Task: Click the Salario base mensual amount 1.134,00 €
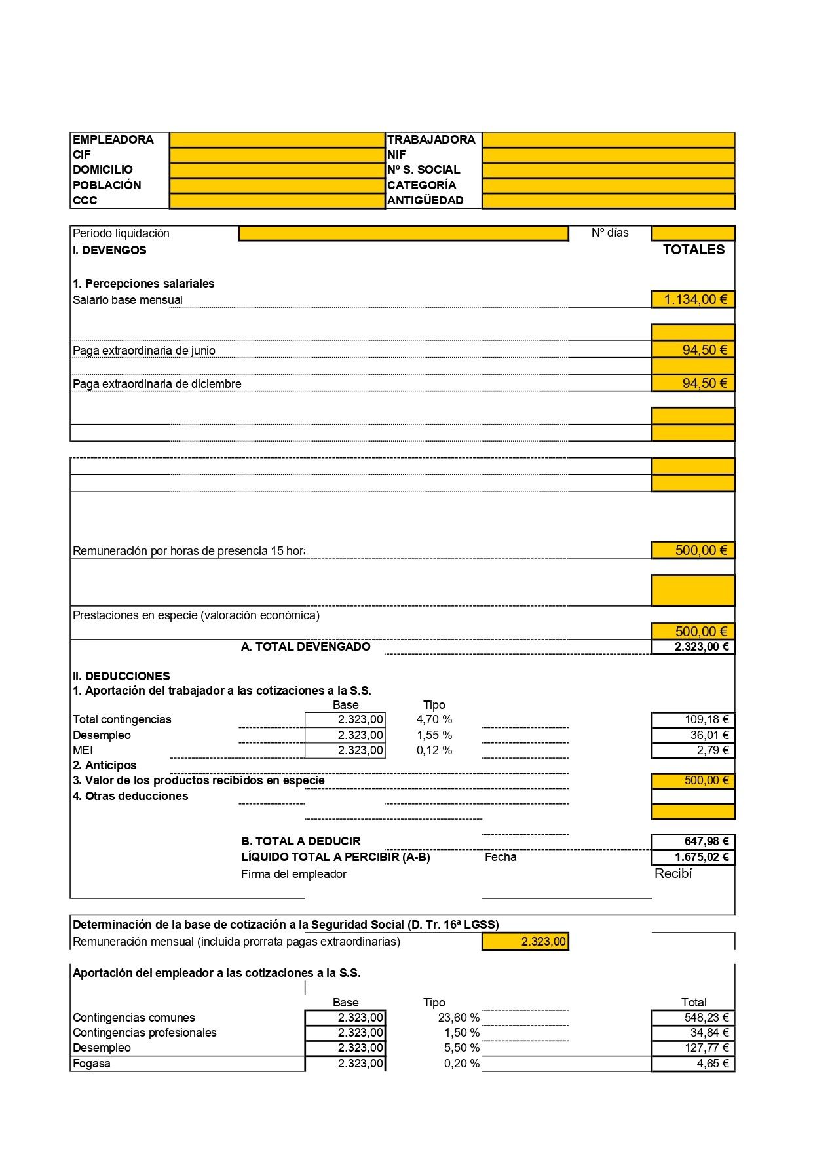tap(694, 299)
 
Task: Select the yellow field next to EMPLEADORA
tap(276, 140)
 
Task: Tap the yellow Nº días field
tap(692, 233)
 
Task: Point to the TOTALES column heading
tap(693, 250)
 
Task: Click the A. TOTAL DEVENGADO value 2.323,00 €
tap(694, 647)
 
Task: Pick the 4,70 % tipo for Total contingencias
tap(434, 719)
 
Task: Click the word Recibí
tap(673, 874)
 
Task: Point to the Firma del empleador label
tap(293, 874)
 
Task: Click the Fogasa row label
tap(92, 1064)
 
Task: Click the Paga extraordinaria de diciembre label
tap(157, 384)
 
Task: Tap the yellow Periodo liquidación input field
tap(403, 233)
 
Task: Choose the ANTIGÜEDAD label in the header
tap(425, 201)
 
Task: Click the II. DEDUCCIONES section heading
tap(121, 676)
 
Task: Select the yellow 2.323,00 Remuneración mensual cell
tap(525, 942)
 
